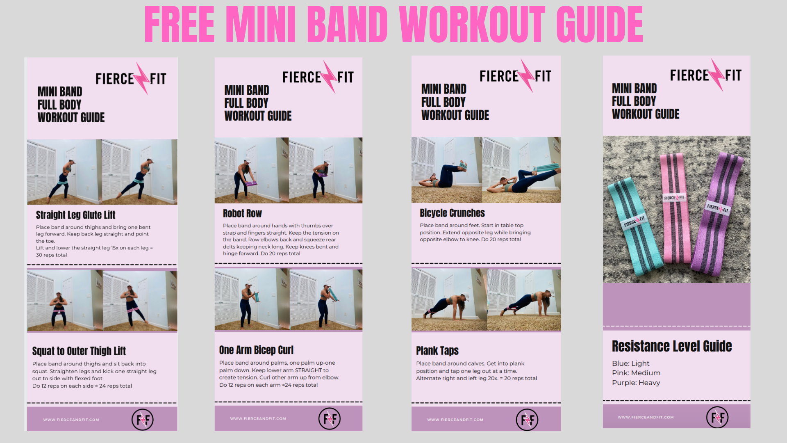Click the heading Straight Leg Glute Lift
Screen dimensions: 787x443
click(x=75, y=215)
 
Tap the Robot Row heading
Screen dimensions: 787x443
click(x=242, y=213)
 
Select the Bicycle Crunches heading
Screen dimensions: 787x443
click(x=452, y=213)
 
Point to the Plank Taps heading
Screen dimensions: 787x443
click(x=437, y=351)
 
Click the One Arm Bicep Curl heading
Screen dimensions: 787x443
click(x=256, y=350)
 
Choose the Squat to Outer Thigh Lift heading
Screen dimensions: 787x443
click(x=79, y=351)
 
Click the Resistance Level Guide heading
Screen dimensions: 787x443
click(x=672, y=346)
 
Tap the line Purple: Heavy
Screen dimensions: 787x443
click(x=636, y=383)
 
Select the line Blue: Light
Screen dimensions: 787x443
click(x=630, y=363)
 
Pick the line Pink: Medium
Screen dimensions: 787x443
click(x=636, y=373)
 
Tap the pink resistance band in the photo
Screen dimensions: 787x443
click(x=675, y=208)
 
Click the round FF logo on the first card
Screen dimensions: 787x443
click(x=142, y=420)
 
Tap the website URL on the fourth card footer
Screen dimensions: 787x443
click(x=646, y=418)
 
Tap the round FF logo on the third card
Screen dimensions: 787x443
click(x=527, y=420)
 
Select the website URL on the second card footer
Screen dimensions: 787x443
click(x=258, y=419)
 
